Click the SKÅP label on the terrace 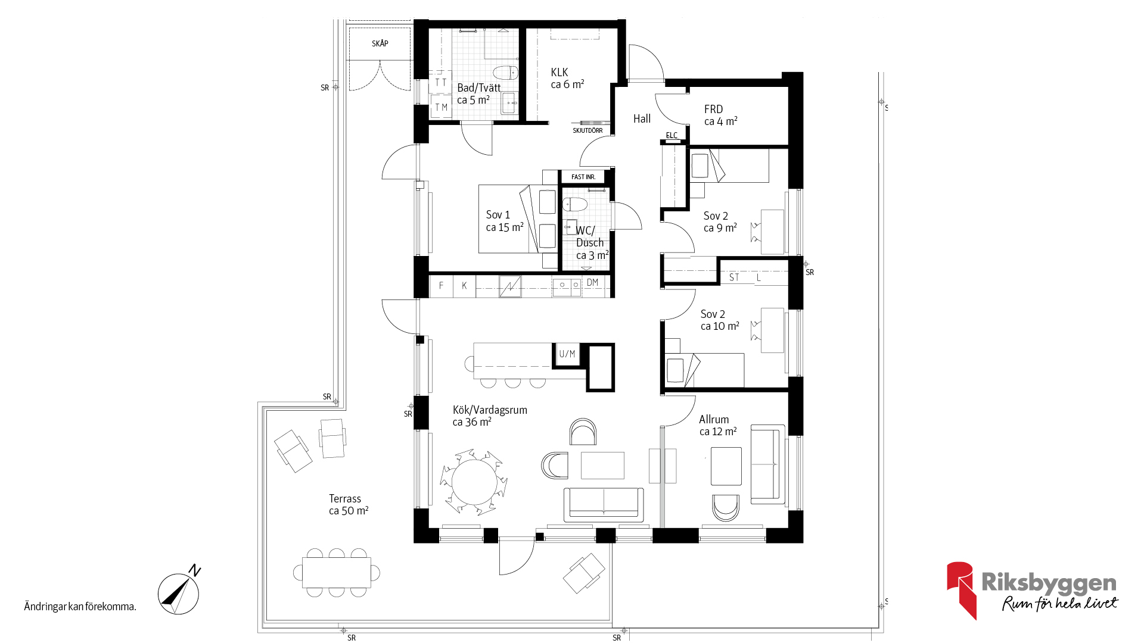point(380,43)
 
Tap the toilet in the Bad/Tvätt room point(505,73)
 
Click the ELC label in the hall point(672,135)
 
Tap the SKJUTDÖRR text point(587,130)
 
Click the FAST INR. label point(583,177)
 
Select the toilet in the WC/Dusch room point(575,204)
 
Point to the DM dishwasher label point(592,282)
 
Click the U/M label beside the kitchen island point(567,354)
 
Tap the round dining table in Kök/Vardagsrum point(474,482)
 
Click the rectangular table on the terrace point(337,572)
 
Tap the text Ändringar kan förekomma point(80,607)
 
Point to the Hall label point(642,118)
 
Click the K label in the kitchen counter point(464,286)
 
